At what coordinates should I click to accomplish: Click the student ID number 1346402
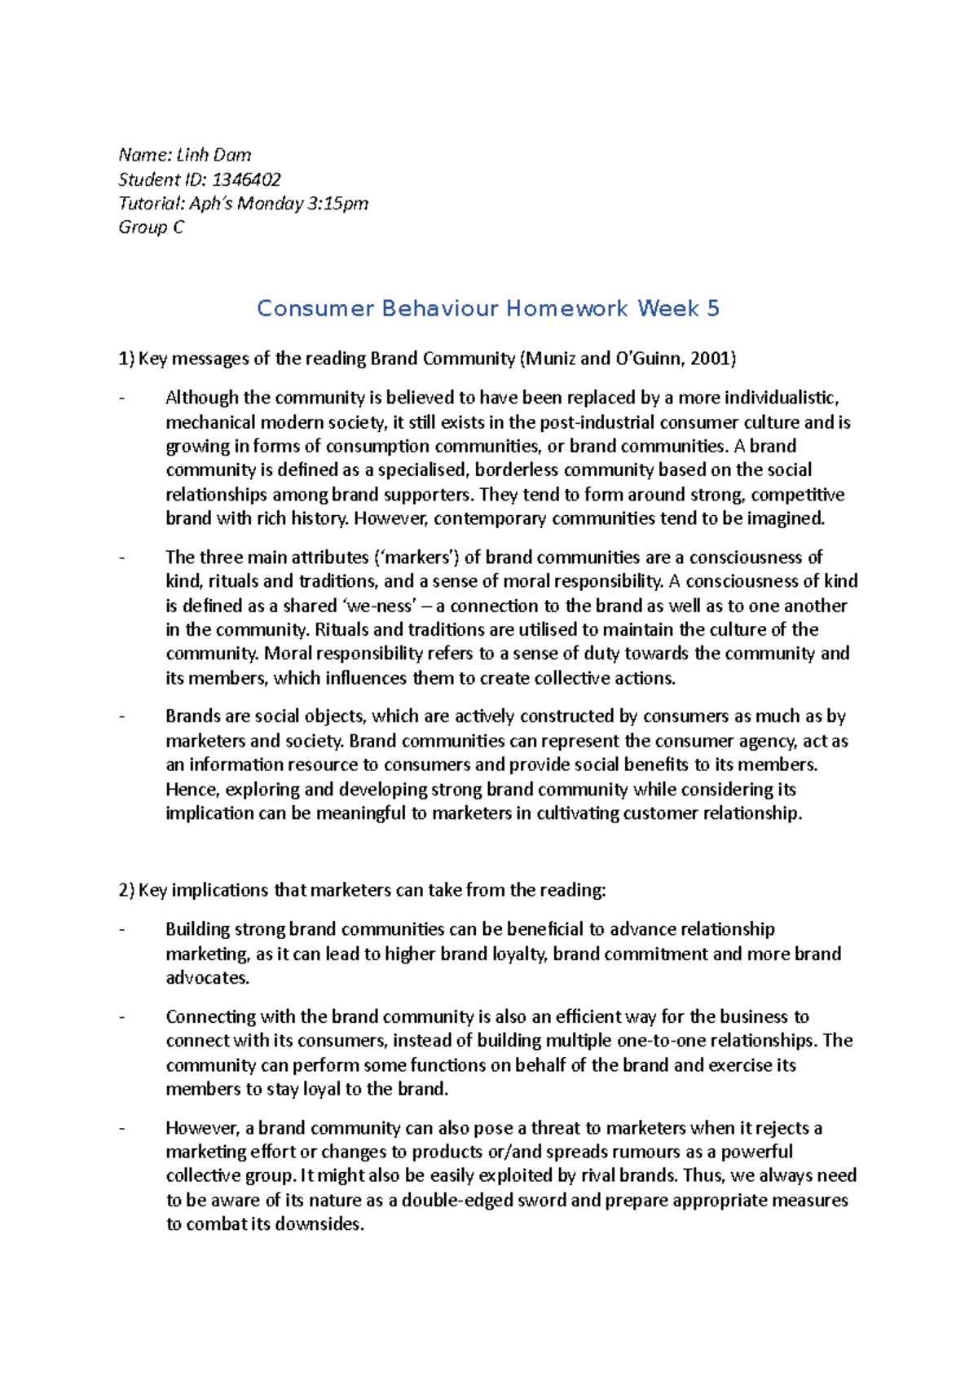(x=246, y=179)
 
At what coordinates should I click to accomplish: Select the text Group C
(x=151, y=227)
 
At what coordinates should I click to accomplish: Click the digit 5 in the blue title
(x=713, y=308)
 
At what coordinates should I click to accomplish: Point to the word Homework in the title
(x=567, y=308)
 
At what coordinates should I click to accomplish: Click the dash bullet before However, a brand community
(x=122, y=1129)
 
